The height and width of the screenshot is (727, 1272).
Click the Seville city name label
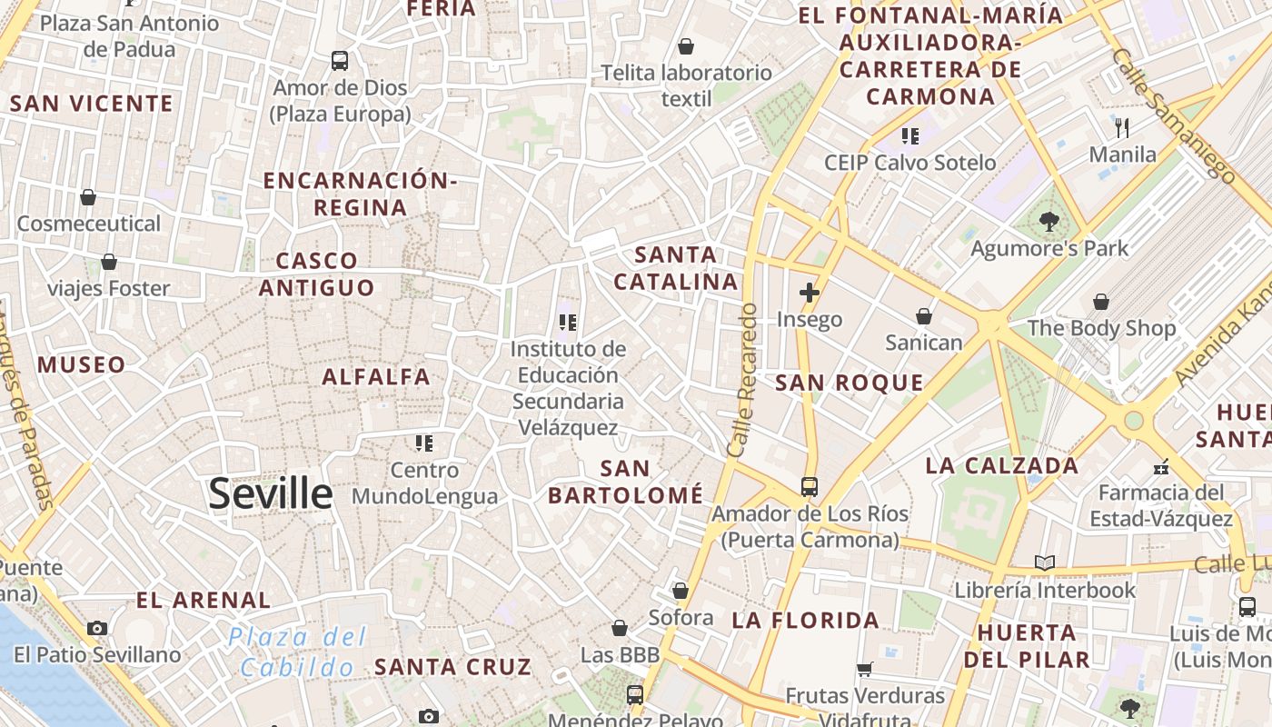271,493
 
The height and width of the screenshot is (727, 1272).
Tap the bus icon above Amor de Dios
340,61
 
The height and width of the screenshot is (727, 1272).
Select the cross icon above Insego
809,293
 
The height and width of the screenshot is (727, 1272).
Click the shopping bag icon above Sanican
924,316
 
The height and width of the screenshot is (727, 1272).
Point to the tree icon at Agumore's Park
1048,221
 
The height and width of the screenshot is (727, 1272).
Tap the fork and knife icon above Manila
1122,127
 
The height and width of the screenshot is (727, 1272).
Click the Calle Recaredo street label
742,380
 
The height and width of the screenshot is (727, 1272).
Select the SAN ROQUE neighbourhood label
849,383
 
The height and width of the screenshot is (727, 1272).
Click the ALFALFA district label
376,376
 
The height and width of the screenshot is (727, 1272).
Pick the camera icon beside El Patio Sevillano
97,628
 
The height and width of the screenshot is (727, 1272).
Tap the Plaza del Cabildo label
297,652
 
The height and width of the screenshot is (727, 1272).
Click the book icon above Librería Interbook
1045,563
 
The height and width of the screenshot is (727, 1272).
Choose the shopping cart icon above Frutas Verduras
865,669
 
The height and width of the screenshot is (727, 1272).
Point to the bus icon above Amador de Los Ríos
810,486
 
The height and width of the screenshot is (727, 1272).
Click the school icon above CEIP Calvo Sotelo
909,136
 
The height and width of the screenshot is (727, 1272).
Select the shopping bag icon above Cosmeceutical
88,196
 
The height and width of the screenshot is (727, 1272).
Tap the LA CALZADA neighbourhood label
1001,466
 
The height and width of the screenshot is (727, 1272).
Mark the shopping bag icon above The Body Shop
1101,301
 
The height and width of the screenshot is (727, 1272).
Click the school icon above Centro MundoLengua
424,443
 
